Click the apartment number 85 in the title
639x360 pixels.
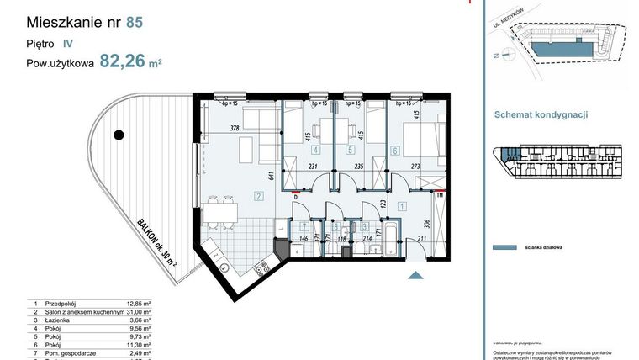(134, 22)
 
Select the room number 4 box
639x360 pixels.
(314, 151)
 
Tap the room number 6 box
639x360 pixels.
(395, 151)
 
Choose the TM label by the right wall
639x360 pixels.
(439, 195)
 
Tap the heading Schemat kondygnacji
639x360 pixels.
(541, 115)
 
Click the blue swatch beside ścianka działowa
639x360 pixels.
(502, 248)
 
